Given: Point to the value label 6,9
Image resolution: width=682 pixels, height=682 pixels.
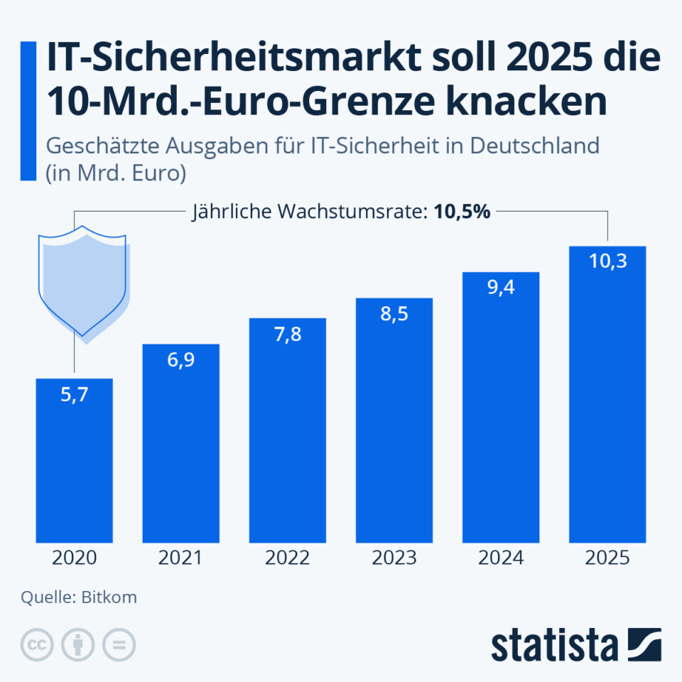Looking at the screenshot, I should [x=180, y=359].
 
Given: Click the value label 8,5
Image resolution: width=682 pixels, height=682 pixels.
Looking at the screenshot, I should [x=394, y=313].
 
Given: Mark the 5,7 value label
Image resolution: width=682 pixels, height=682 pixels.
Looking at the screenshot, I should [x=74, y=394].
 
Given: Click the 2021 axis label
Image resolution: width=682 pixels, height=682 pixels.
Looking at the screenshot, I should [x=180, y=558].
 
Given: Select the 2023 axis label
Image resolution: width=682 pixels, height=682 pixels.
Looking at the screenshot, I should [x=394, y=558].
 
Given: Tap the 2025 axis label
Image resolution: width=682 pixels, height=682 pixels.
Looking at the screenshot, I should [x=607, y=558].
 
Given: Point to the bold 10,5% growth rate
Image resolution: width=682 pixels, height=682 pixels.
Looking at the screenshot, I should [x=462, y=212].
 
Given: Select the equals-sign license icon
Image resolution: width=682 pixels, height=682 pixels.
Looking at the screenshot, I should [x=119, y=644].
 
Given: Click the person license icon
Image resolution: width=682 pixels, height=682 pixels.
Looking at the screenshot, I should [x=78, y=644].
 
